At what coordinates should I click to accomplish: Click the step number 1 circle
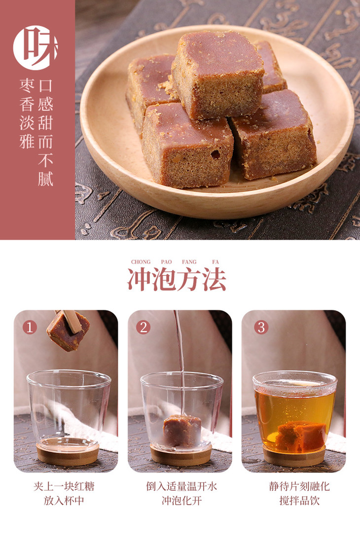30,327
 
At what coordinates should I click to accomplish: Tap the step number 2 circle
143,327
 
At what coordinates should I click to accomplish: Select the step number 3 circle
261,327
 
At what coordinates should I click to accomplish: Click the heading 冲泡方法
177,279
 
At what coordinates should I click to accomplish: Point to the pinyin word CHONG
141,261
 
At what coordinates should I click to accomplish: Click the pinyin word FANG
189,261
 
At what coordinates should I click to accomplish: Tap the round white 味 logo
35,48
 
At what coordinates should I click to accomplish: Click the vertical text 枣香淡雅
27,113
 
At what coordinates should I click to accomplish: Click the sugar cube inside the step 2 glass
182,430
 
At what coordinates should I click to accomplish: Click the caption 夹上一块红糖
64,486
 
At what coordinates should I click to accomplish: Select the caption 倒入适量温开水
181,486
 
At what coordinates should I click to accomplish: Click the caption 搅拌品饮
299,500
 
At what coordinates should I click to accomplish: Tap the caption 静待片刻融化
299,486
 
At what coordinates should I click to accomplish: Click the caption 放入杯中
64,500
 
